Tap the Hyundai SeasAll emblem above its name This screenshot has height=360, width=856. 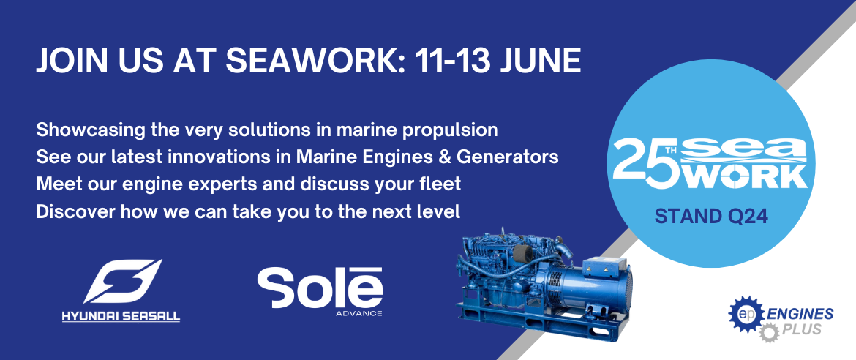[122, 281]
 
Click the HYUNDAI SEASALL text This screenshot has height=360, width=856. [121, 317]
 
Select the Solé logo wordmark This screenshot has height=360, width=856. [320, 288]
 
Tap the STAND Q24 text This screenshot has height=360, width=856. [711, 217]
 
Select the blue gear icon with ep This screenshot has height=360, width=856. [746, 314]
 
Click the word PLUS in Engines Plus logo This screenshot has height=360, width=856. [801, 330]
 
